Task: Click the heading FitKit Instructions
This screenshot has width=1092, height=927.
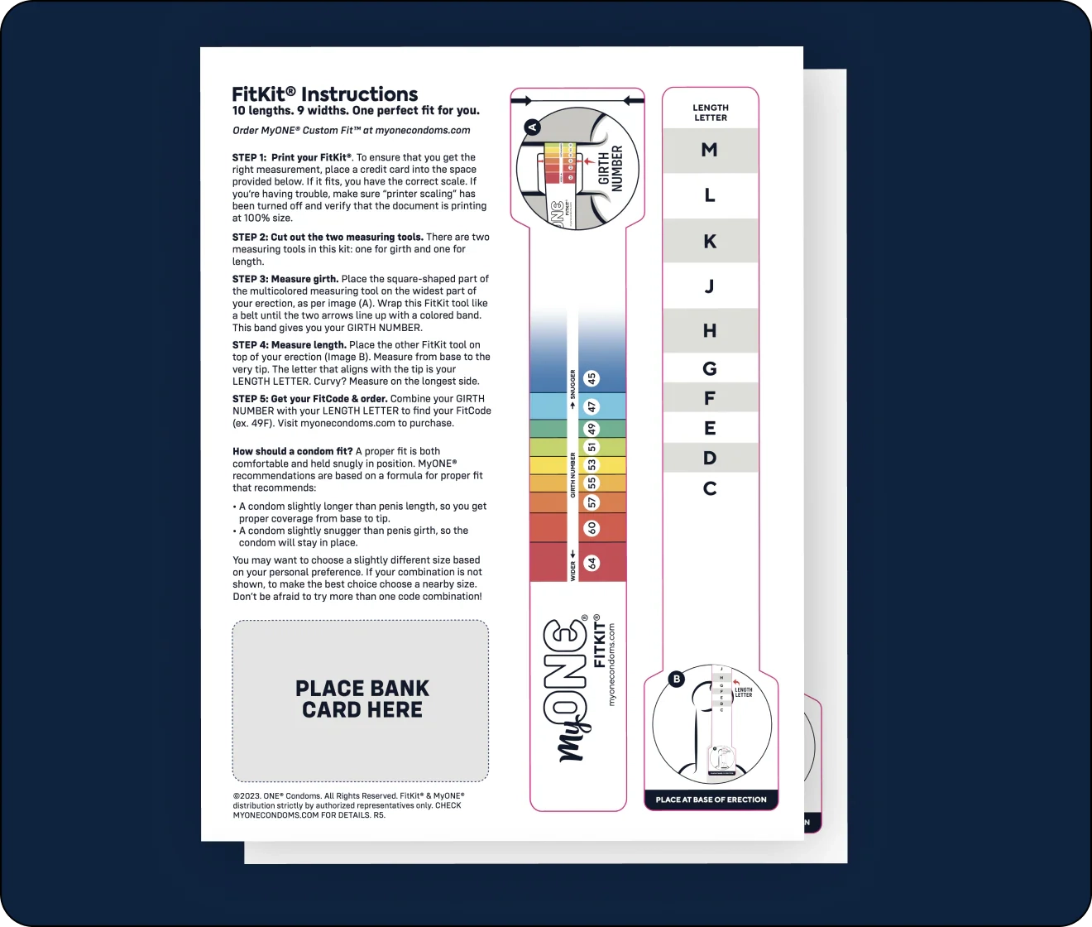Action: (324, 94)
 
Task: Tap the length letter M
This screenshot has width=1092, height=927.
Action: (709, 150)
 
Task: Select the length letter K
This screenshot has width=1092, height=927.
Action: (709, 242)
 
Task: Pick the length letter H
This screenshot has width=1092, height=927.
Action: (709, 331)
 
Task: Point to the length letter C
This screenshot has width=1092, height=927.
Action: (709, 488)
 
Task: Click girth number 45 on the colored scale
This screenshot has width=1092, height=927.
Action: (591, 378)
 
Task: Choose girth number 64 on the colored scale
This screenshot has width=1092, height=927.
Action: (591, 563)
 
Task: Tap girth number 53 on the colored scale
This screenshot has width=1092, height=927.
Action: (591, 465)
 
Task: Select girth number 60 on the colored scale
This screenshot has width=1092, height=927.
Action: (591, 527)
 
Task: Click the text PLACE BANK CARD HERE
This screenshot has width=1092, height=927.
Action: (362, 699)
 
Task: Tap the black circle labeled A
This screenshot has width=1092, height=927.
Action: (533, 127)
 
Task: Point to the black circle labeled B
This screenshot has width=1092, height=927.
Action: (676, 679)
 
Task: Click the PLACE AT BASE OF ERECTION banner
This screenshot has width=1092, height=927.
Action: (711, 800)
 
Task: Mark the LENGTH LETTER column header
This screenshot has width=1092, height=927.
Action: (710, 113)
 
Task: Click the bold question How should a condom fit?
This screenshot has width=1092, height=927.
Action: (292, 451)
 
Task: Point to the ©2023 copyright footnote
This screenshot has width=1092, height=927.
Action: (347, 805)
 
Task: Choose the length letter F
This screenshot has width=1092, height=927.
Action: (709, 398)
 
